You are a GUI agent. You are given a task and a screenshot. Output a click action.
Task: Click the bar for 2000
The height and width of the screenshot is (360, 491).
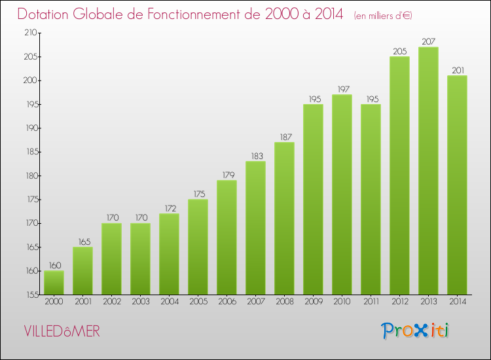point(54,282)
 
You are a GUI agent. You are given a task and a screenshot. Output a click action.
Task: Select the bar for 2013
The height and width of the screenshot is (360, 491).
point(428,170)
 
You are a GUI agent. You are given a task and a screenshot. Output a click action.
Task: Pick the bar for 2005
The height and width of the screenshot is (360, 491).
point(198,247)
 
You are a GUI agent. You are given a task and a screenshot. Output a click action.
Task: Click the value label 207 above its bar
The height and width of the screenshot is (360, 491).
point(428,42)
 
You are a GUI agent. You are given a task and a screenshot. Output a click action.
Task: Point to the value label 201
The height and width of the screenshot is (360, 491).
point(457,71)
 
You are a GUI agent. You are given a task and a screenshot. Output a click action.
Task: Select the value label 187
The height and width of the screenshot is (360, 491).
point(284,137)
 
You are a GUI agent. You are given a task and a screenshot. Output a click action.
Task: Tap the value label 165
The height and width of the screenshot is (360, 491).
point(82,242)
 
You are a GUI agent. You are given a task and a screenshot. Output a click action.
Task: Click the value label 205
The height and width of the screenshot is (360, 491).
point(399,52)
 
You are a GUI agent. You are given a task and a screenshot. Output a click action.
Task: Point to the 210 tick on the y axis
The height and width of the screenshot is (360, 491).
point(30,33)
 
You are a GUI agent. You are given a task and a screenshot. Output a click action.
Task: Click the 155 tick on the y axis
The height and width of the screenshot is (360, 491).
point(30,295)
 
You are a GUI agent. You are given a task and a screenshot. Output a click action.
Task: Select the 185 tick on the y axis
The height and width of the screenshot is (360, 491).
point(30,152)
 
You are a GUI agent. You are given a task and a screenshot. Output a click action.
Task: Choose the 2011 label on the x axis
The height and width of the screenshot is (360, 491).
point(371,302)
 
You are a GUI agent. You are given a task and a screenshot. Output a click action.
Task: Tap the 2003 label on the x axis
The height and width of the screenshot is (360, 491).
point(140,302)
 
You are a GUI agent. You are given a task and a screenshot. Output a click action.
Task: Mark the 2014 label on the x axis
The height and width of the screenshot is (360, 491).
point(457,302)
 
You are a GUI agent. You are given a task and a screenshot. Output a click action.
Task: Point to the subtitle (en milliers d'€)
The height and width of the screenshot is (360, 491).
point(383,16)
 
